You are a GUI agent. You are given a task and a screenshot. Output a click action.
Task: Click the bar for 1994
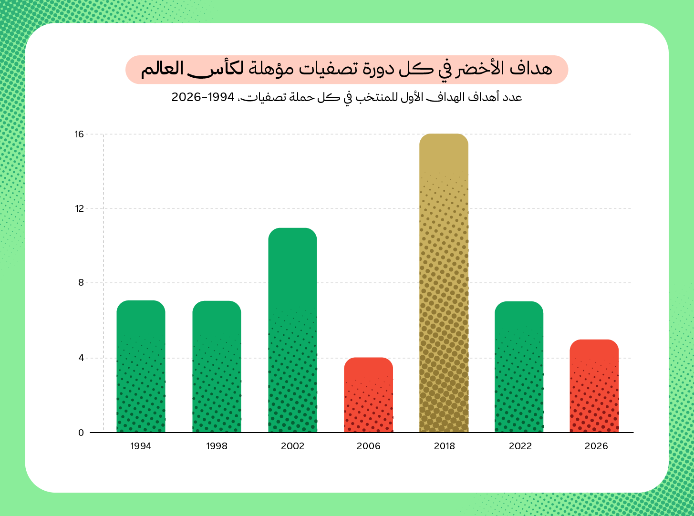(x=141, y=366)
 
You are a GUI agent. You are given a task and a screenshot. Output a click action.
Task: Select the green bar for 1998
(x=217, y=367)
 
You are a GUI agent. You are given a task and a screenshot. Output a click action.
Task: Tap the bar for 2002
(x=292, y=330)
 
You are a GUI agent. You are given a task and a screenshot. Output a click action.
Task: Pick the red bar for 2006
(x=368, y=395)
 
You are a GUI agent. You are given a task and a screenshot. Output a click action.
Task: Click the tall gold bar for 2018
(x=444, y=283)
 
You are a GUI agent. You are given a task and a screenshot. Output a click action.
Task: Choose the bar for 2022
(x=519, y=367)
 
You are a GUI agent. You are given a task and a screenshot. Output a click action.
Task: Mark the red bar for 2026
(x=594, y=386)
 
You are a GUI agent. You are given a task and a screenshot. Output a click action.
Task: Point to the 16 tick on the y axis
(x=80, y=134)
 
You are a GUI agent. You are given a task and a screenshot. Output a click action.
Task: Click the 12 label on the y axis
(x=80, y=208)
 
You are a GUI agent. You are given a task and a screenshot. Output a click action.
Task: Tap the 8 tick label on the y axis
(x=81, y=283)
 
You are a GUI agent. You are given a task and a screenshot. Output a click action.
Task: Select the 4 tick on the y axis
(x=81, y=358)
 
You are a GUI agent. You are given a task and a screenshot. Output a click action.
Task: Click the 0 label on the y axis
(x=81, y=433)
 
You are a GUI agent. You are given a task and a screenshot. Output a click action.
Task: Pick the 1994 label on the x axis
(x=141, y=446)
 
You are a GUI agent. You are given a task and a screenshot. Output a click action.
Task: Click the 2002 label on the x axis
(x=292, y=446)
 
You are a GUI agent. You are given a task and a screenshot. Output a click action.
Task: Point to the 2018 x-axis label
(x=444, y=446)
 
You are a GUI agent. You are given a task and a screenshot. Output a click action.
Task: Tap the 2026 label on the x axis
(x=596, y=446)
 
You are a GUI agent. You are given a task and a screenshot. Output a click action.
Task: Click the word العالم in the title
(x=162, y=69)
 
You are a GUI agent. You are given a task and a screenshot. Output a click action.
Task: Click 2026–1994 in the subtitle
(x=203, y=97)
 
